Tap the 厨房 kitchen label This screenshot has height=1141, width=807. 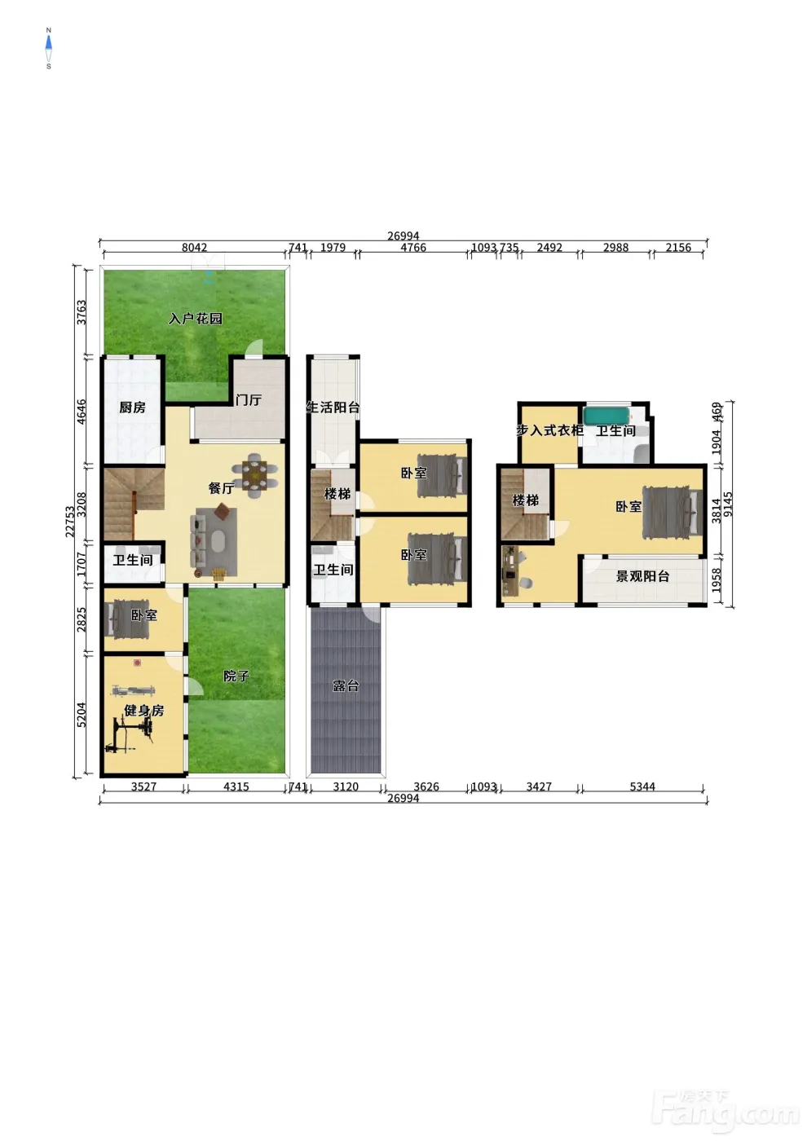pyautogui.click(x=132, y=407)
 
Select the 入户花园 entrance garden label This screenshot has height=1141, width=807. pyautogui.click(x=196, y=319)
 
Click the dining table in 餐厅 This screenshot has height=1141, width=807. pyautogui.click(x=254, y=475)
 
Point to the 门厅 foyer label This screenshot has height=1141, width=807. pyautogui.click(x=249, y=400)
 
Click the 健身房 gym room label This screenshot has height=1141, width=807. pyautogui.click(x=144, y=710)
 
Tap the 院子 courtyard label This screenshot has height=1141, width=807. pyautogui.click(x=236, y=676)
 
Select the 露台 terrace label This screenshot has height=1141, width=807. pyautogui.click(x=346, y=685)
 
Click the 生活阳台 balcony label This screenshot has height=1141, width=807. pyautogui.click(x=333, y=407)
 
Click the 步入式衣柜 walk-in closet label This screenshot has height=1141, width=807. pyautogui.click(x=549, y=430)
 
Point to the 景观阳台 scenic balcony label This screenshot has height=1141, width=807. pyautogui.click(x=642, y=576)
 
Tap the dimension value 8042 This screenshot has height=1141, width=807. pyautogui.click(x=195, y=248)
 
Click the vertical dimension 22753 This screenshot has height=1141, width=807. pyautogui.click(x=70, y=522)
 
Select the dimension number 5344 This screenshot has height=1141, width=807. pyautogui.click(x=642, y=786)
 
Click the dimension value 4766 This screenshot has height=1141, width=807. pyautogui.click(x=413, y=248)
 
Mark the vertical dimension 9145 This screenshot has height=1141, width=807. pyautogui.click(x=729, y=504)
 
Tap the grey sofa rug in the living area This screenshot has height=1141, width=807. pyautogui.click(x=214, y=541)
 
